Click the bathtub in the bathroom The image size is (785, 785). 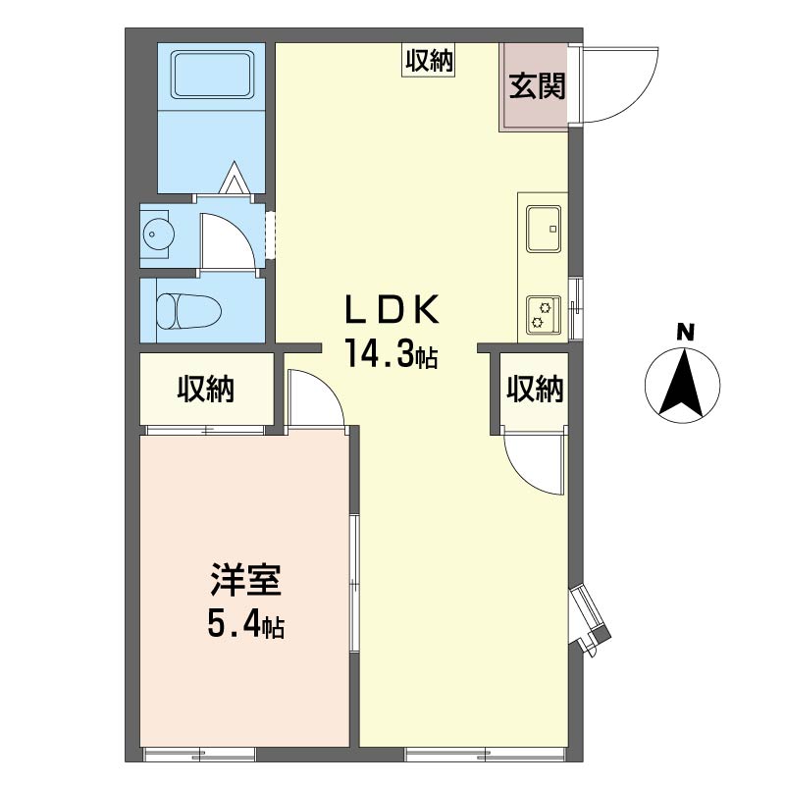212,75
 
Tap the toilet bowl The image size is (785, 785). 188,310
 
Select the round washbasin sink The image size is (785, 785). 158,234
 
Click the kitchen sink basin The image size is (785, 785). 544,229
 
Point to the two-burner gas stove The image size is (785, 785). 544,314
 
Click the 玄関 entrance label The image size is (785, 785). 537,86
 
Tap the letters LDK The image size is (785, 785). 392,309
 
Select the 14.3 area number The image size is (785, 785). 380,352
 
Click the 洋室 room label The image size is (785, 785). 245,580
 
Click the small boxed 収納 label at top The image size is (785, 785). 429,61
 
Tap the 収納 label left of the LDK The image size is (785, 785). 206,389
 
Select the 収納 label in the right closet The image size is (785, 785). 535,389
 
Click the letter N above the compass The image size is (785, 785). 685,334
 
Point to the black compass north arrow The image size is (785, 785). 681,385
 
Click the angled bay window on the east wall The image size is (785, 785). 590,618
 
